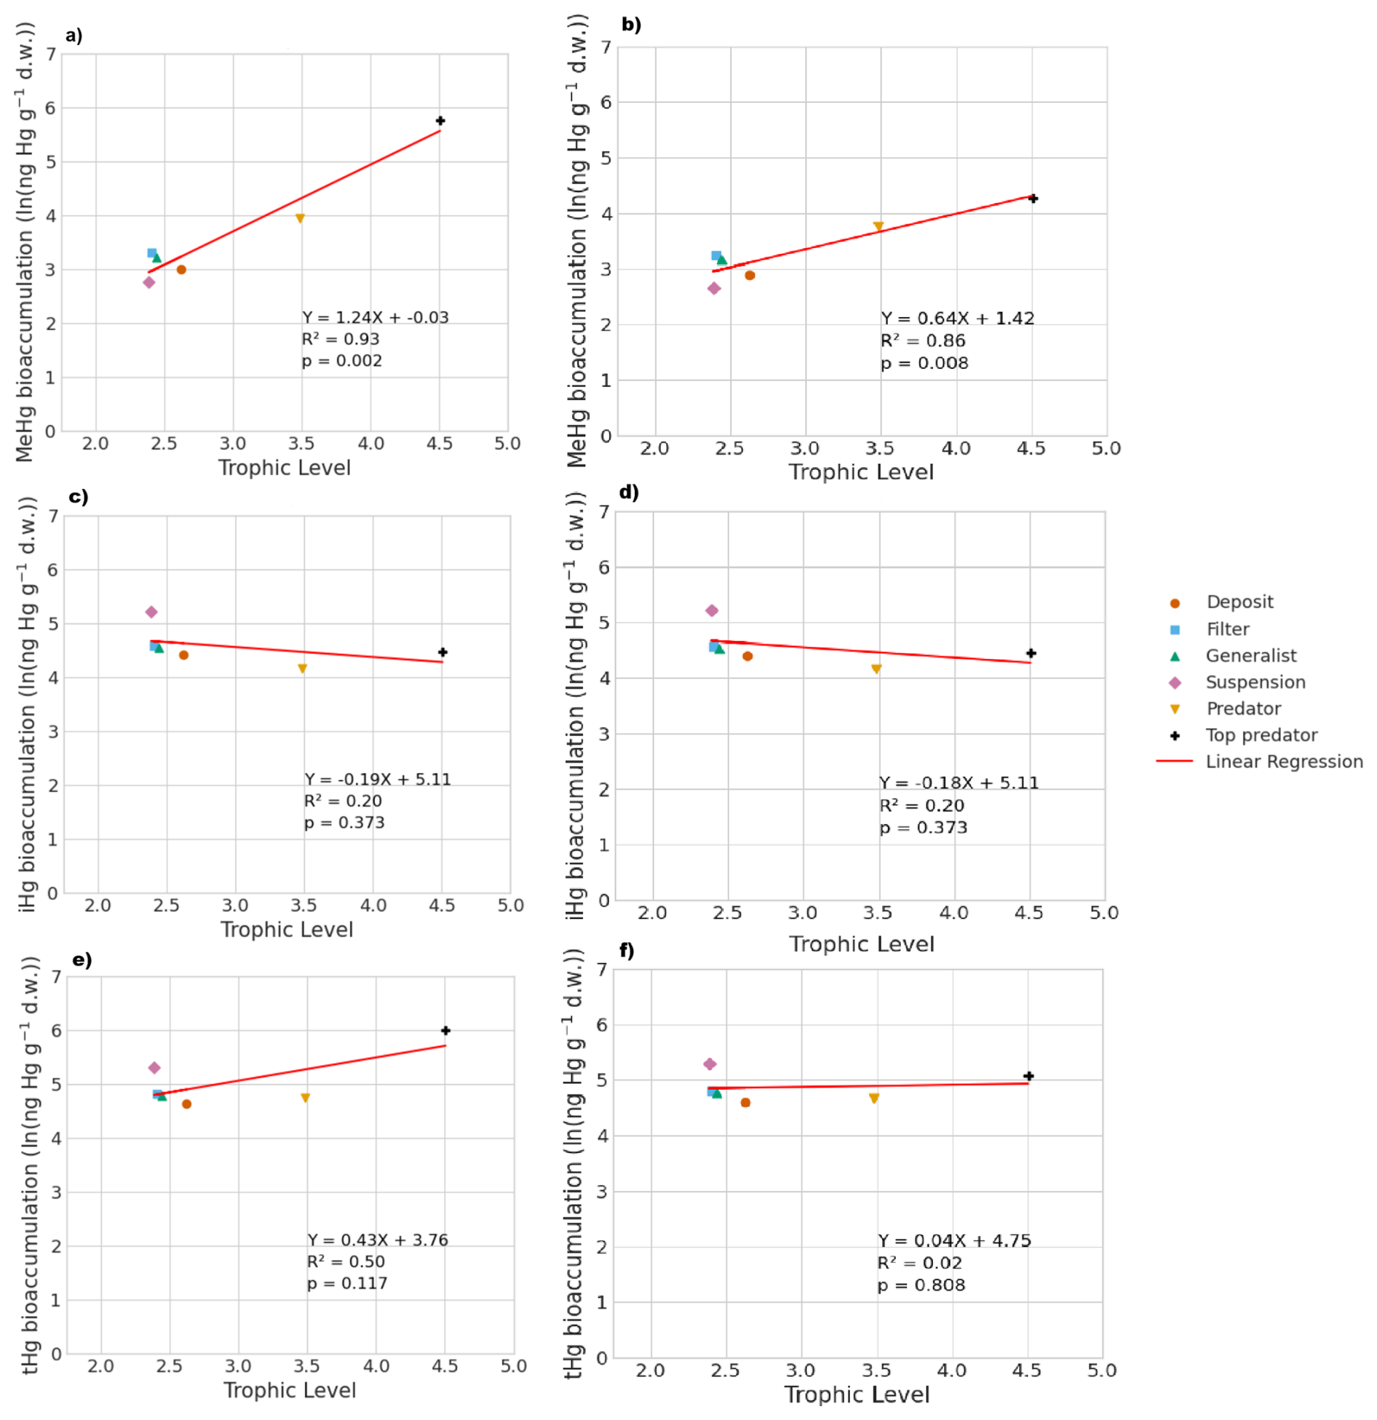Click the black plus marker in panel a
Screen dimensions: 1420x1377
pyautogui.click(x=440, y=121)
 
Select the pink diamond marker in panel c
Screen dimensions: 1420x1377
pyautogui.click(x=151, y=613)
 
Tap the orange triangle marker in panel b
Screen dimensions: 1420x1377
pyautogui.click(x=878, y=227)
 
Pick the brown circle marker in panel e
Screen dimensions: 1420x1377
pyautogui.click(x=186, y=1104)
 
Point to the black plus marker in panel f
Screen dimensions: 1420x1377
pyautogui.click(x=1028, y=1076)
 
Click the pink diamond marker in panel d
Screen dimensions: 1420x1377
pyautogui.click(x=712, y=611)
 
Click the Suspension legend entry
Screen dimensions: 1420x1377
pyautogui.click(x=1255, y=682)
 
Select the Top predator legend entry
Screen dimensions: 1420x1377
pyautogui.click(x=1261, y=735)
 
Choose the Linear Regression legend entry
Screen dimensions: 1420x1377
pyautogui.click(x=1284, y=762)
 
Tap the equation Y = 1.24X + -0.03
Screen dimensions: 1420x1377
pyautogui.click(x=376, y=318)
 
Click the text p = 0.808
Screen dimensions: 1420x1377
pyautogui.click(x=921, y=1285)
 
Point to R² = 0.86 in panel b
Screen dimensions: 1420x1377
pyautogui.click(x=923, y=341)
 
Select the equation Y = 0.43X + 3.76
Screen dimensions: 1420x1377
pyautogui.click(x=378, y=1240)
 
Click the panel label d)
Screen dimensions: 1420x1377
pyautogui.click(x=629, y=492)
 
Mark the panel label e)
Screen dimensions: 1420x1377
pyautogui.click(x=82, y=960)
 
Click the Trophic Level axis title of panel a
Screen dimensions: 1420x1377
pyautogui.click(x=285, y=468)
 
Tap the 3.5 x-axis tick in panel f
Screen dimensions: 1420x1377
pyautogui.click(x=876, y=1371)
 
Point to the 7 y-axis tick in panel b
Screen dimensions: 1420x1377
pyautogui.click(x=606, y=48)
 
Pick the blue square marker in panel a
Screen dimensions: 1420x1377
pyautogui.click(x=152, y=253)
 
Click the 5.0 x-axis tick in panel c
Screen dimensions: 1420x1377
pyautogui.click(x=510, y=906)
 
